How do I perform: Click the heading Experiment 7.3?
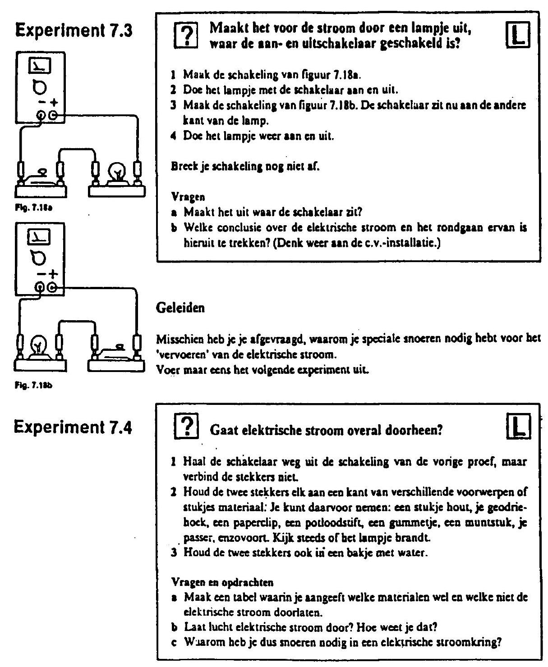point(74,31)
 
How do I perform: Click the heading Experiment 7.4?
point(73,427)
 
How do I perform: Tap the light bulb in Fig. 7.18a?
point(118,172)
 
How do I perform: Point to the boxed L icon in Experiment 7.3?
point(518,35)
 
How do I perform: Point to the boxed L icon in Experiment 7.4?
point(519,426)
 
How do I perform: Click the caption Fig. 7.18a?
point(33,208)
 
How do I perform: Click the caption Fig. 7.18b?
point(33,385)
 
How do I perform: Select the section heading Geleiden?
point(180,308)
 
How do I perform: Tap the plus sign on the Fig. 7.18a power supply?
point(54,102)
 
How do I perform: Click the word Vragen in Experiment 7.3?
point(188,197)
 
